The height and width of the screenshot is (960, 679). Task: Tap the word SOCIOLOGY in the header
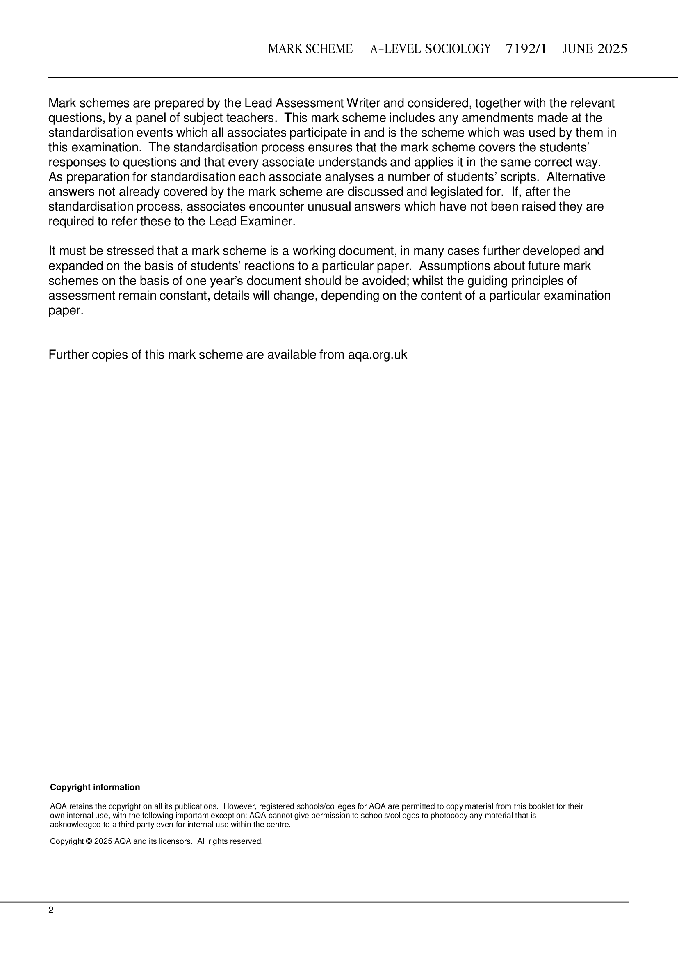point(458,49)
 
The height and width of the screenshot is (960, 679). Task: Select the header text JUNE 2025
point(595,49)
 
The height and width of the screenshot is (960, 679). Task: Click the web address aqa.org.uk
point(378,355)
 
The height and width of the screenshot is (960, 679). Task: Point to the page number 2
point(51,910)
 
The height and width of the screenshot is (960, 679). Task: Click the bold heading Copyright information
point(95,788)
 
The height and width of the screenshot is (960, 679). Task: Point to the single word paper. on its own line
point(66,311)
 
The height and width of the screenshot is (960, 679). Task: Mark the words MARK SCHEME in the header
point(310,49)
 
